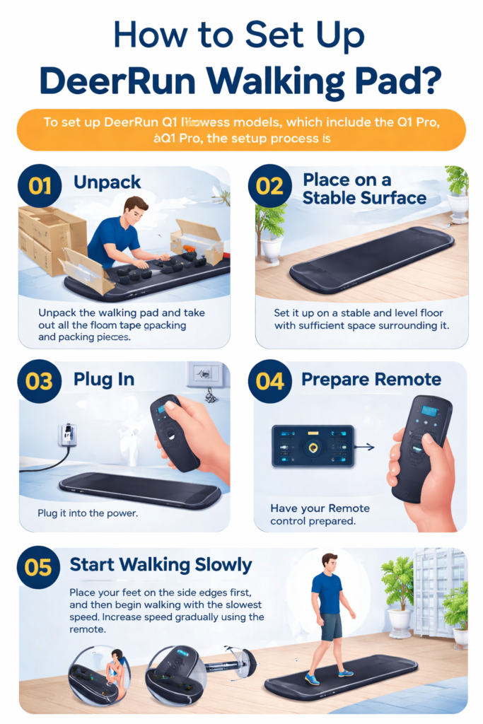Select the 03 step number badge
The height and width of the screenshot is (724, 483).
[39, 381]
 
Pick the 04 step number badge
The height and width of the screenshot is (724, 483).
[270, 381]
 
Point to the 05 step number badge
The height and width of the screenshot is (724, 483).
[39, 566]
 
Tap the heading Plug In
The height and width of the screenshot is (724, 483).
[104, 380]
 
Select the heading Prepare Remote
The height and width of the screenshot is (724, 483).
[371, 380]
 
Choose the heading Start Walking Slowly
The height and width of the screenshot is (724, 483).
[161, 565]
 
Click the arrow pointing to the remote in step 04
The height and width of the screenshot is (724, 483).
[365, 447]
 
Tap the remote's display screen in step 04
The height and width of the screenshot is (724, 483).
[429, 411]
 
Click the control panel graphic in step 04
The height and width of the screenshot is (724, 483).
[313, 445]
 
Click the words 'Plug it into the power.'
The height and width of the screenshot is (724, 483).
[88, 513]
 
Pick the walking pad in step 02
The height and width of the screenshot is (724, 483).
[372, 259]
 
